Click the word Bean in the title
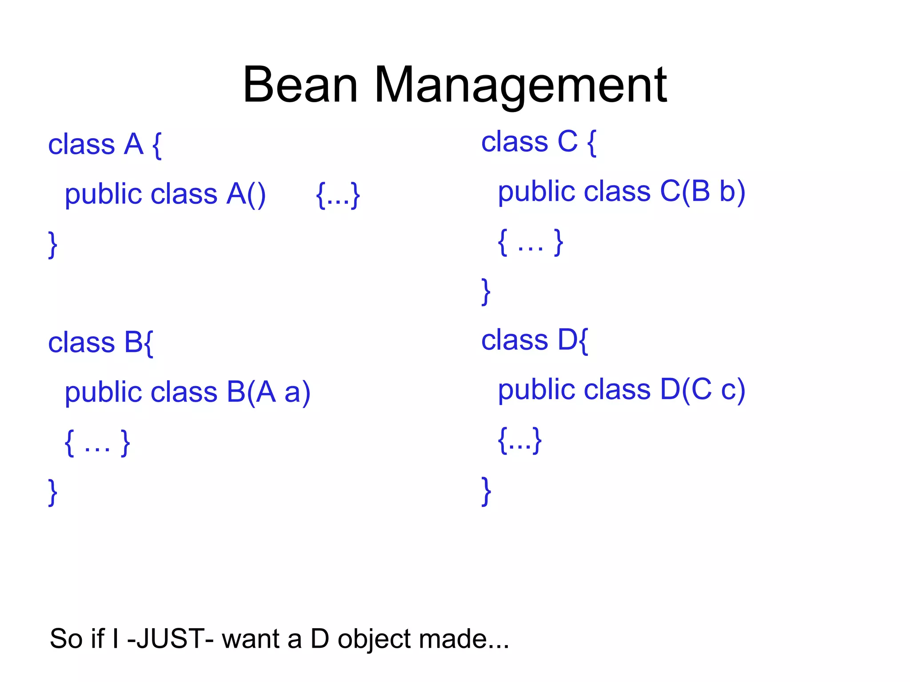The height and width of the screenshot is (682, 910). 300,84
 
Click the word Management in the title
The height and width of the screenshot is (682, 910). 520,84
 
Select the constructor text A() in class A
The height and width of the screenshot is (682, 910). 246,194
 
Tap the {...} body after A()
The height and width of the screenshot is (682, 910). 338,195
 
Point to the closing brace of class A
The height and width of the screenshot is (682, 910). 53,244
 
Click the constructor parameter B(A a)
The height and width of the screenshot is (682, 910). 268,392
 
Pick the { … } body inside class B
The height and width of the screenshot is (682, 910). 97,443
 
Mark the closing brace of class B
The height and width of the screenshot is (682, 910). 53,491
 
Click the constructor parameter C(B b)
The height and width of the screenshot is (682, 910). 702,192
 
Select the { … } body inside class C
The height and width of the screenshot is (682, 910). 531,242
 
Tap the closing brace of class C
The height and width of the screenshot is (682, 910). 486,291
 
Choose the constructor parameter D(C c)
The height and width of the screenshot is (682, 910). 702,390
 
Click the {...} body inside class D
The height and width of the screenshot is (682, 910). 519,440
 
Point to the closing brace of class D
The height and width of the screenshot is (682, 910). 486,491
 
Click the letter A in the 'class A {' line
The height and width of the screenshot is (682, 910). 134,144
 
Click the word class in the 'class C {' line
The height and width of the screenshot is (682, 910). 515,142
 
